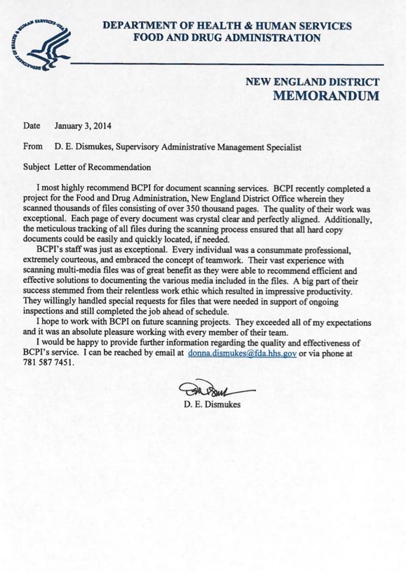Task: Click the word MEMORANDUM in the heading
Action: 326,95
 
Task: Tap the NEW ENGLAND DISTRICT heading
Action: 312,82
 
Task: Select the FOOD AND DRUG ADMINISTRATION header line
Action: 227,38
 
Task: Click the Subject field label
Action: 37,167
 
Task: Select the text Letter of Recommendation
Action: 103,167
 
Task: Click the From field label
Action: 33,147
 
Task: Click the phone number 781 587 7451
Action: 49,362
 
